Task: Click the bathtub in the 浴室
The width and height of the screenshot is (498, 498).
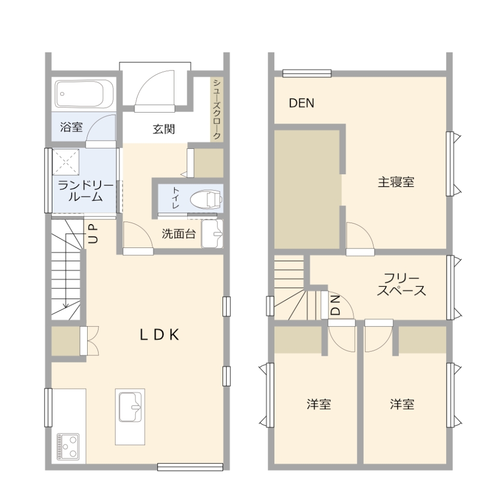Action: pos(85,94)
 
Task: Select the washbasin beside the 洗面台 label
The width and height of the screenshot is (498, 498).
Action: pos(211,234)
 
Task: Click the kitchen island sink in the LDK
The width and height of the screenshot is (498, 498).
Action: pos(130,407)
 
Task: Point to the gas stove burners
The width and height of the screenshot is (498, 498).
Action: pos(68,446)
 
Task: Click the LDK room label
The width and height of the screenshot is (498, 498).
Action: pos(159,335)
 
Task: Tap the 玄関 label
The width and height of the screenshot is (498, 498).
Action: pos(163,129)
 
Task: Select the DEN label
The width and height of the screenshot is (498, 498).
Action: pos(301,103)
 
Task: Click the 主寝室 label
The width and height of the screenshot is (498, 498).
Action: pos(395,182)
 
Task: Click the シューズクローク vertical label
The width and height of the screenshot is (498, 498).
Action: pos(217,109)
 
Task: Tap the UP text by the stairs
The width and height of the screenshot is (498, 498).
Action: pos(93,233)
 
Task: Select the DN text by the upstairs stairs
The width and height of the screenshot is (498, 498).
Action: pos(336,305)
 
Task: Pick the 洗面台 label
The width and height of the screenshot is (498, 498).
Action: pos(178,234)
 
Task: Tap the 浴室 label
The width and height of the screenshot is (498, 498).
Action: pos(71,127)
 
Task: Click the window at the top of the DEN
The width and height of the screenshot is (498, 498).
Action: pos(307,73)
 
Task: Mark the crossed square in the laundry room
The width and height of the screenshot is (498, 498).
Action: pos(65,162)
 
